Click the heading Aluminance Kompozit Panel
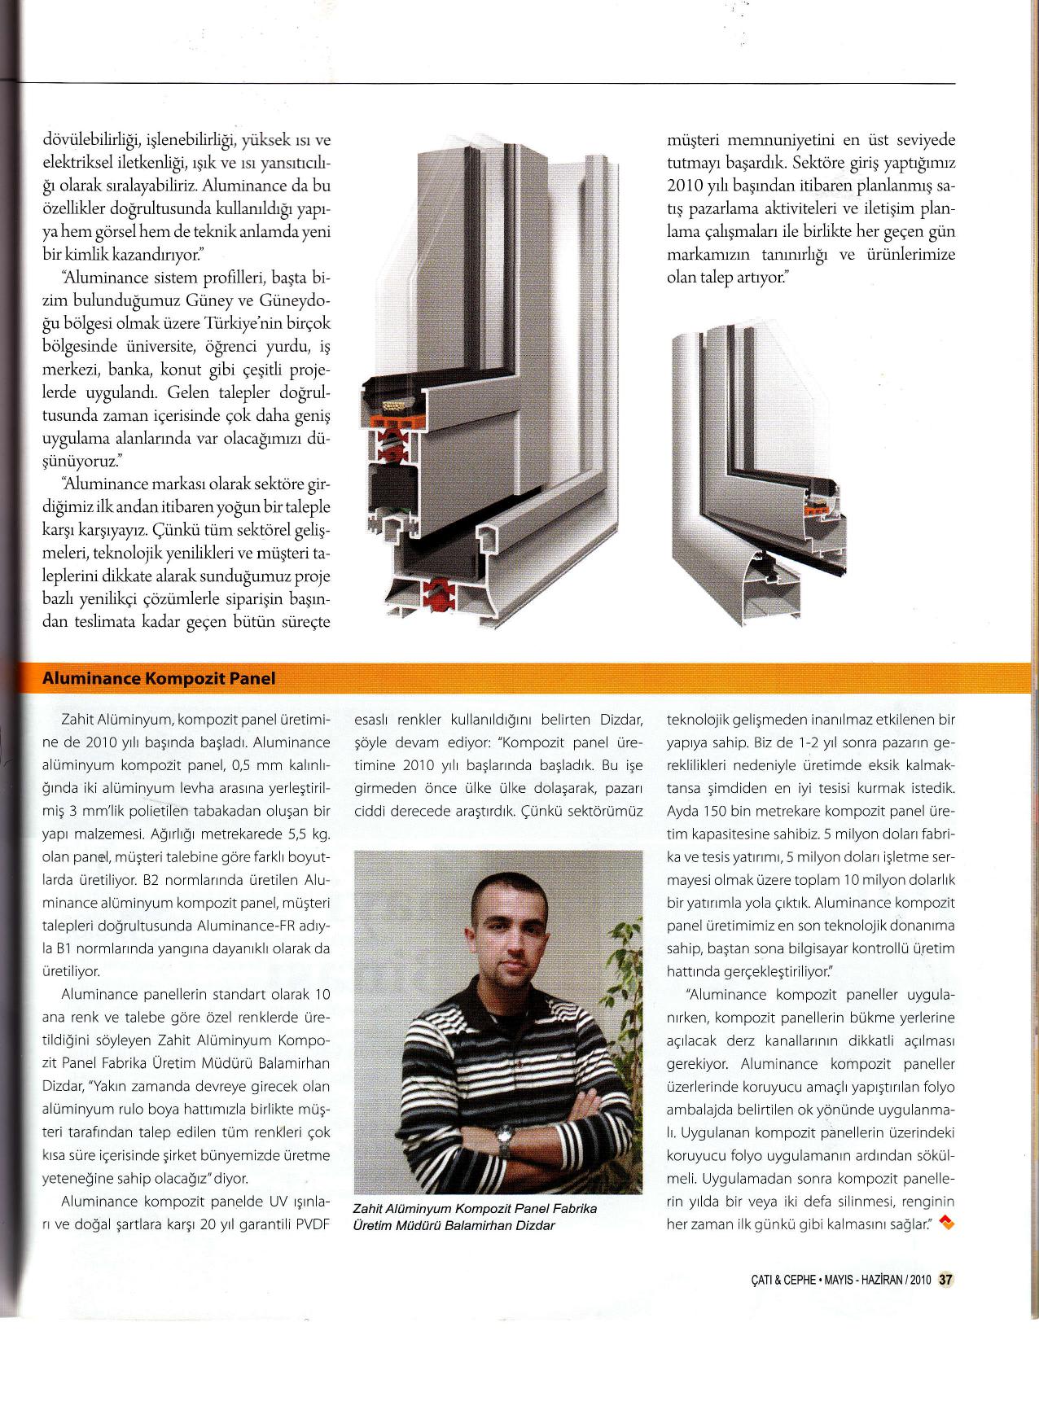point(158,678)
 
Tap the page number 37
point(945,1279)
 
